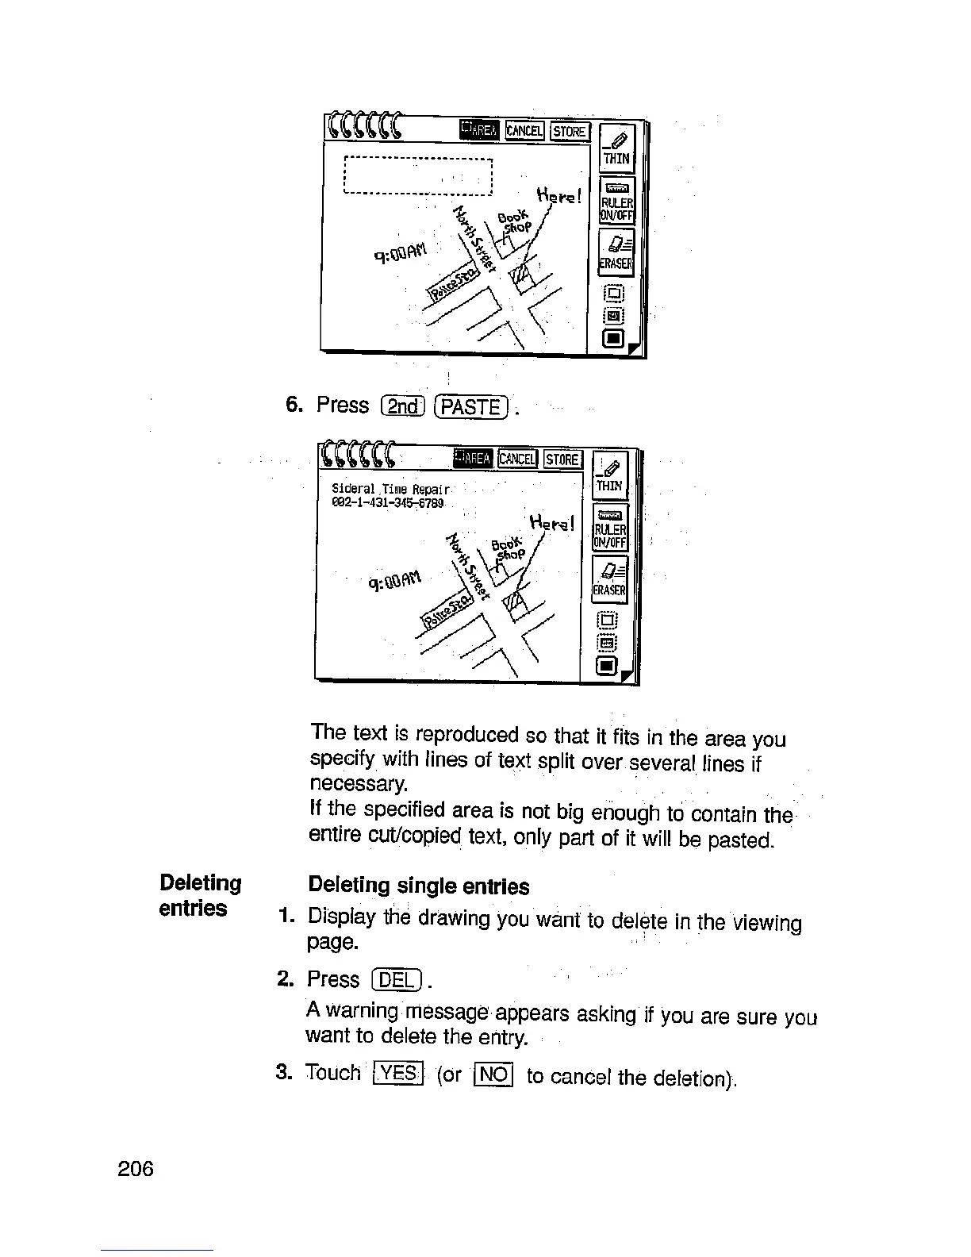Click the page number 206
coord(134,1168)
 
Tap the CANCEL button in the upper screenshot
coord(524,130)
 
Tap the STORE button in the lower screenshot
coord(563,459)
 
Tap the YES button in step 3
coord(397,1074)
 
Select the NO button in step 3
coord(493,1075)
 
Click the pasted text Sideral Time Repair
coord(391,489)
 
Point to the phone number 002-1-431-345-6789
coord(389,502)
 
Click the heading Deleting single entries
coord(418,886)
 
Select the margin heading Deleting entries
coord(200,895)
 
